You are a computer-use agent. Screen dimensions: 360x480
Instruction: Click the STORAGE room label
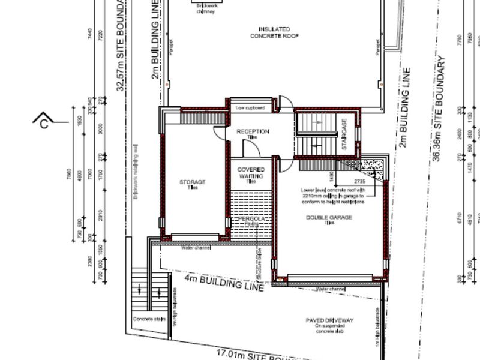click(x=193, y=182)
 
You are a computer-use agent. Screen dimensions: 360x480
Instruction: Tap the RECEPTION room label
click(x=253, y=131)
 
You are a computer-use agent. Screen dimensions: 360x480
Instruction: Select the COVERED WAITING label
click(x=251, y=173)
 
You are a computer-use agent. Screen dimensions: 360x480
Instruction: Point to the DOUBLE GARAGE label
click(x=329, y=218)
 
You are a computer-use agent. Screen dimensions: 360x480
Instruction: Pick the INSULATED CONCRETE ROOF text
click(x=274, y=32)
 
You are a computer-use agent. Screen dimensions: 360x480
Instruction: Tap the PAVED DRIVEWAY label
click(x=329, y=320)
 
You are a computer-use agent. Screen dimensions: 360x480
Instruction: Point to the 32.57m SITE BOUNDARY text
click(x=122, y=45)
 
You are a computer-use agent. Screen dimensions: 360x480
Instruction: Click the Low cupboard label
click(x=250, y=108)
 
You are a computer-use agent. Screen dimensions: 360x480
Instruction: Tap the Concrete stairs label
click(x=149, y=319)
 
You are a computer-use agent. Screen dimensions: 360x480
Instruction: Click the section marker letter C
click(x=44, y=124)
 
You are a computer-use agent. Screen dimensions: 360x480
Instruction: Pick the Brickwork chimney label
click(x=205, y=10)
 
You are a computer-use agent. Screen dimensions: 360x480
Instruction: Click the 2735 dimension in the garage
click(x=359, y=181)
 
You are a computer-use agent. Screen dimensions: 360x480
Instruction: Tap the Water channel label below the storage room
click(x=196, y=247)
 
